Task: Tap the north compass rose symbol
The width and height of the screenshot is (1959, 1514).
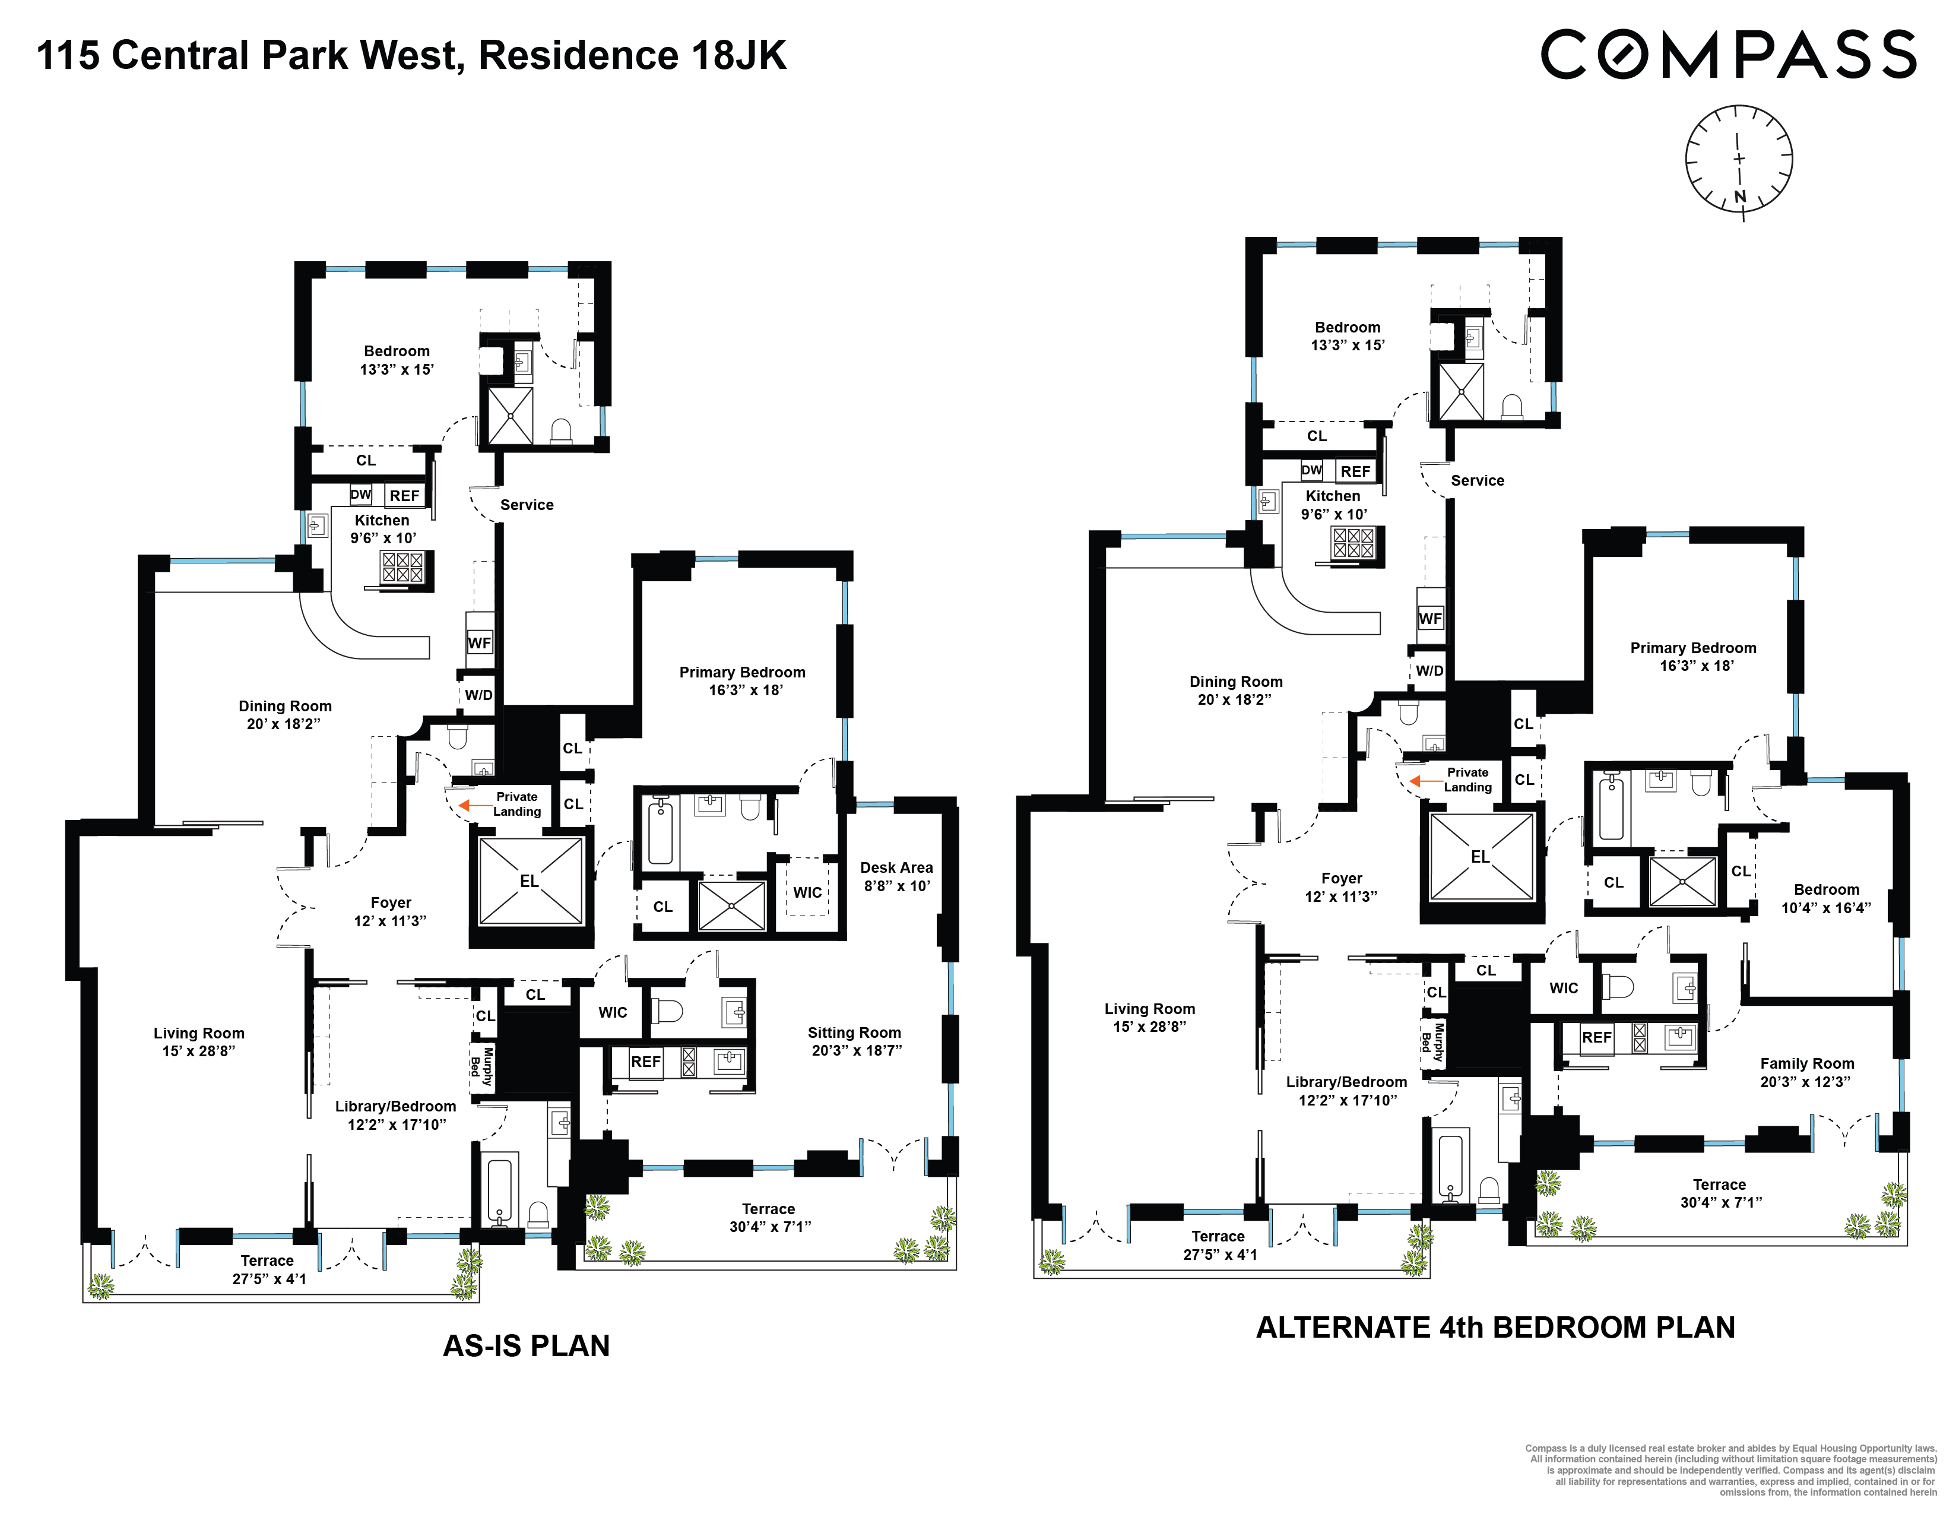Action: tap(1738, 160)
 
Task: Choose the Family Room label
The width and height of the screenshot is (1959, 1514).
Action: tap(1806, 1072)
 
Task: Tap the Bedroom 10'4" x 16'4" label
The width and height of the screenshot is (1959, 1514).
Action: tap(1826, 898)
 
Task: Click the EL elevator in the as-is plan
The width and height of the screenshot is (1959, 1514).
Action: tap(530, 880)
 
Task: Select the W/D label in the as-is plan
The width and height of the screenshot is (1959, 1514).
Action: tap(478, 695)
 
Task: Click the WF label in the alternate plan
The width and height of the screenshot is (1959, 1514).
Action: tap(1431, 619)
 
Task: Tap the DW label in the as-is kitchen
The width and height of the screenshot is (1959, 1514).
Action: tap(360, 494)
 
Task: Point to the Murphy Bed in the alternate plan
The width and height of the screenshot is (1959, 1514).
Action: tap(1432, 1042)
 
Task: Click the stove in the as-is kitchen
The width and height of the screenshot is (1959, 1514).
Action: tap(402, 567)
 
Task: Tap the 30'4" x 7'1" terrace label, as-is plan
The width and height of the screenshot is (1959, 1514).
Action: tap(769, 1217)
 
